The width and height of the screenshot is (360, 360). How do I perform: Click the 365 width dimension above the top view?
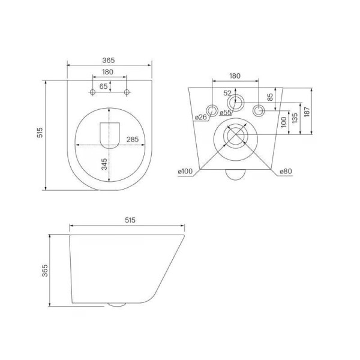(109, 61)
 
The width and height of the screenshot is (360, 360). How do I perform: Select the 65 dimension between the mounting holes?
(104, 86)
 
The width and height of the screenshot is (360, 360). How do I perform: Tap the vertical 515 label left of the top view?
(40, 133)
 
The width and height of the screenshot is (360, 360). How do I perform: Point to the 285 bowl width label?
(133, 139)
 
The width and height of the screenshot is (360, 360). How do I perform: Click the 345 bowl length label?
(104, 164)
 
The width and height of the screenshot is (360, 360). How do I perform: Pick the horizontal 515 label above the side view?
(130, 220)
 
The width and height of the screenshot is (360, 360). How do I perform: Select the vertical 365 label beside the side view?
(45, 271)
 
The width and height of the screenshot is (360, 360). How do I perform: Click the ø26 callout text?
(201, 118)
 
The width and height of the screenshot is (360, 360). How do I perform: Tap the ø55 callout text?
(226, 113)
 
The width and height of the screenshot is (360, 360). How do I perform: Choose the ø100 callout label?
(185, 171)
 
